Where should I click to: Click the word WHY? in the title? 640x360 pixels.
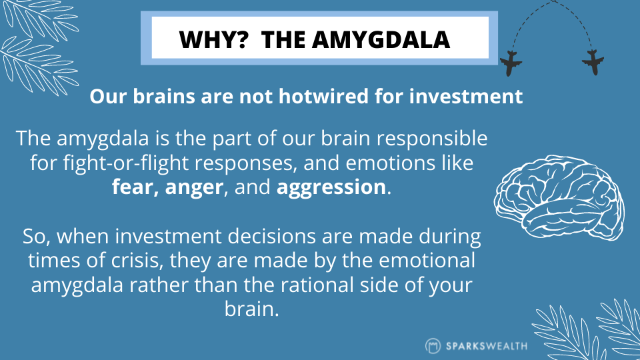(x=213, y=39)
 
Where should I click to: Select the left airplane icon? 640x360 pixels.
(x=510, y=64)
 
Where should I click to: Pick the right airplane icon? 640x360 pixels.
(x=593, y=63)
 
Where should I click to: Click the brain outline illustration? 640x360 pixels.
(x=559, y=197)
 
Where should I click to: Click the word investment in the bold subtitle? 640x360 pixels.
(x=466, y=96)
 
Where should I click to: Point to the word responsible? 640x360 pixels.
(x=432, y=139)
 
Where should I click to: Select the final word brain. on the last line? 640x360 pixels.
(x=252, y=309)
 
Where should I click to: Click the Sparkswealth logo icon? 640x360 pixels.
(x=433, y=346)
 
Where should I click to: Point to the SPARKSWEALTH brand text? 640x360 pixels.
(x=487, y=346)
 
